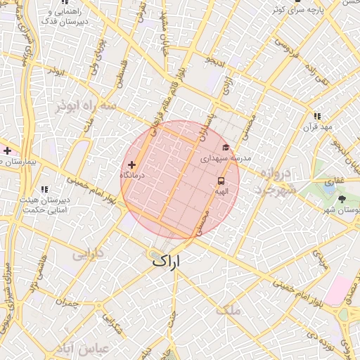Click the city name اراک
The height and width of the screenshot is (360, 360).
(167, 261)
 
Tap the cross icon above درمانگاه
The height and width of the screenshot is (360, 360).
(131, 164)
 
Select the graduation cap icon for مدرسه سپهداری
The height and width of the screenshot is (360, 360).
(226, 147)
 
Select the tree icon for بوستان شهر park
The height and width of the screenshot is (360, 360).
(342, 199)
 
